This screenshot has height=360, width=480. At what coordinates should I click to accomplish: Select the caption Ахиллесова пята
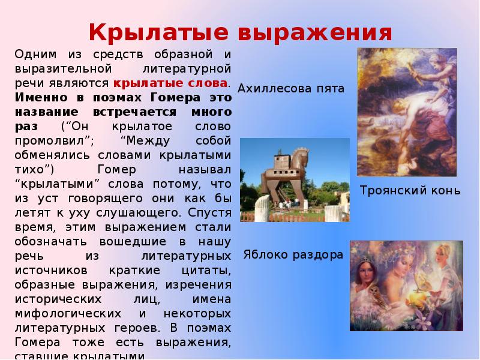[291, 89]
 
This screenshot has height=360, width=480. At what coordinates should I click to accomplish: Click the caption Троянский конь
[410, 191]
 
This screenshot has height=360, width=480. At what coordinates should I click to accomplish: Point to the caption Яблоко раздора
[293, 254]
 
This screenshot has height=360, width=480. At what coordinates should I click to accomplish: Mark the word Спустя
[209, 212]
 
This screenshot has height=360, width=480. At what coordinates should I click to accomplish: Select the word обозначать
[50, 241]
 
